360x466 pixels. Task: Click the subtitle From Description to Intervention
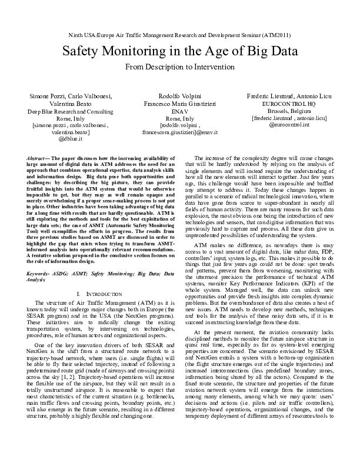180,68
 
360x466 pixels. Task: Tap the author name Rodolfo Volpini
179,95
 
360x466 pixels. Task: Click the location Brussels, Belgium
288,111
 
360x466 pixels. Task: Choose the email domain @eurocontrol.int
288,125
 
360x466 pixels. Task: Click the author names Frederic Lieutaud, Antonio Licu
288,95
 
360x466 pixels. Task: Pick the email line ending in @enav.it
179,133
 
